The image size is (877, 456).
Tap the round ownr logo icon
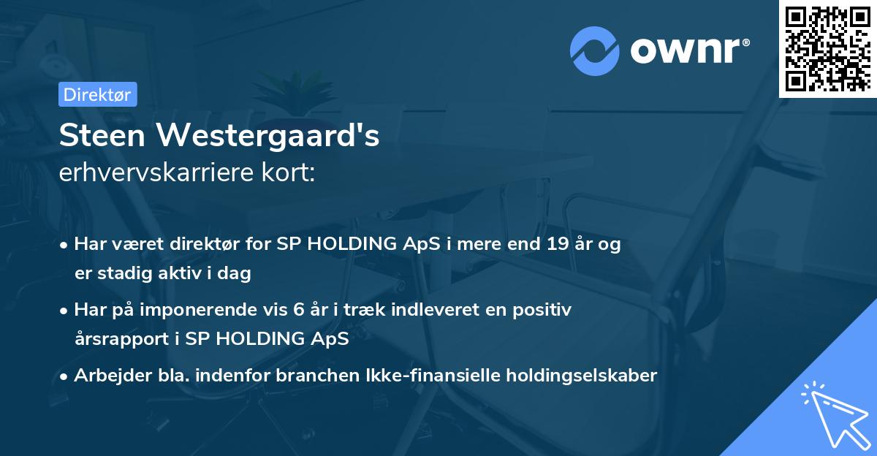[x=596, y=51]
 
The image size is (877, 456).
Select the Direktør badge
[x=98, y=94]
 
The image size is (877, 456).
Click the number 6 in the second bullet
[x=298, y=310]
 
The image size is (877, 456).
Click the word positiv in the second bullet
[x=544, y=310]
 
